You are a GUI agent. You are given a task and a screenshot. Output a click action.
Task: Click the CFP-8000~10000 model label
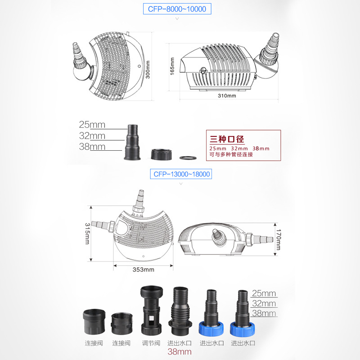click(x=177, y=9)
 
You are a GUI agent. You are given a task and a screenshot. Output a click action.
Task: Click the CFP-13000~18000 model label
click(x=181, y=174)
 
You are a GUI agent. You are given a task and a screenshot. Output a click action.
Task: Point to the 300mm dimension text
click(x=148, y=69)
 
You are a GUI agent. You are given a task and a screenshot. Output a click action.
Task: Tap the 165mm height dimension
click(x=172, y=66)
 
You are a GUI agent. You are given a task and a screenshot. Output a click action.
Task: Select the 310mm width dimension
click(x=227, y=95)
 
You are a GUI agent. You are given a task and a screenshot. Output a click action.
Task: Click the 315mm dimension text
click(x=87, y=233)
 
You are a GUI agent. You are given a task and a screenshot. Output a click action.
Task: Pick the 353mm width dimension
click(x=143, y=270)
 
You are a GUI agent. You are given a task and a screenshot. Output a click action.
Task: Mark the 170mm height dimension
click(x=278, y=239)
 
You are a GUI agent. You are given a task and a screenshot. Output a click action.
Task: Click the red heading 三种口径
click(x=227, y=139)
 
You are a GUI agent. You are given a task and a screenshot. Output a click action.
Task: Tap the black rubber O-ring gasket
click(x=188, y=158)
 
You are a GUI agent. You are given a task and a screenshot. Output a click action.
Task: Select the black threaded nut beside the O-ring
click(x=162, y=154)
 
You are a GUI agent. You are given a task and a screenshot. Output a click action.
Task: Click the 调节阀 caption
click(x=151, y=343)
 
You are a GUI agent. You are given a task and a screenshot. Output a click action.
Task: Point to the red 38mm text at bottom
click(x=180, y=352)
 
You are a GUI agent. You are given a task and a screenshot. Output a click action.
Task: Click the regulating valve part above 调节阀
click(x=151, y=310)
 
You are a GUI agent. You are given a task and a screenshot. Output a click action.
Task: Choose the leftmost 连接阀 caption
click(x=94, y=343)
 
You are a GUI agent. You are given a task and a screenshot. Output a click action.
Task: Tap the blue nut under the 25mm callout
click(x=242, y=329)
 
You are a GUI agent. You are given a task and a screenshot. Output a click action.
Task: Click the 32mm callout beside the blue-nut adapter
click(x=264, y=303)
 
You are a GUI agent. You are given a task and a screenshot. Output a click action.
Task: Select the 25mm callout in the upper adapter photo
click(x=92, y=125)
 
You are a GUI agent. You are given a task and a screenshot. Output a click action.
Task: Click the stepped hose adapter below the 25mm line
click(x=132, y=142)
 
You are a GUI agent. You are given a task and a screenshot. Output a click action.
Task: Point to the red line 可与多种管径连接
click(x=231, y=154)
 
